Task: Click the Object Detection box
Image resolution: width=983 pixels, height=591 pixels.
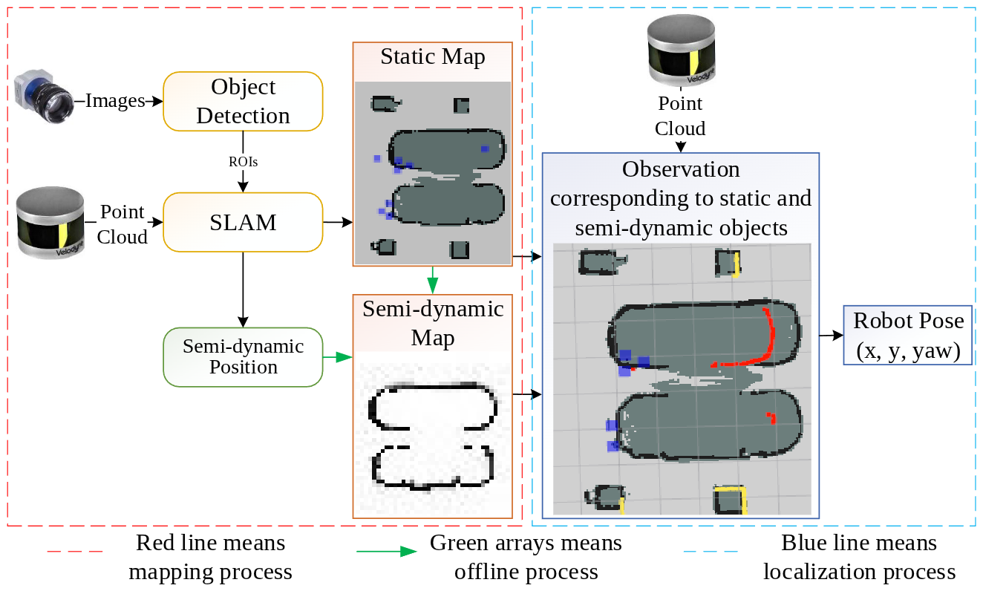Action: point(243,102)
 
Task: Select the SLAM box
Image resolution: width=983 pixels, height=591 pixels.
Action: point(243,222)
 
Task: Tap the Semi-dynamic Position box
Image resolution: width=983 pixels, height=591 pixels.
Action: point(243,357)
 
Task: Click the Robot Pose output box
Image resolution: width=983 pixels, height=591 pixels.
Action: point(907,335)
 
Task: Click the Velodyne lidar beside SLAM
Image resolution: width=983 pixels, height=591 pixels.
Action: point(50,222)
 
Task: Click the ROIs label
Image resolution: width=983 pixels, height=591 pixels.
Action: point(243,161)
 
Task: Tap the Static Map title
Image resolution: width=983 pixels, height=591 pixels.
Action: point(432,57)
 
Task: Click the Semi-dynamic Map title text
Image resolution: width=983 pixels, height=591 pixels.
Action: point(432,323)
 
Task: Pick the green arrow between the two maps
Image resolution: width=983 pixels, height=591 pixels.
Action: point(432,281)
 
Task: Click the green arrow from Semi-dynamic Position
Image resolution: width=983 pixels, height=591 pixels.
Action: point(337,357)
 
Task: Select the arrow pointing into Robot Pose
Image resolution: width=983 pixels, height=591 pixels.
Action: point(831,336)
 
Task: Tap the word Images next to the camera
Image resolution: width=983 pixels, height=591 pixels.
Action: point(115,101)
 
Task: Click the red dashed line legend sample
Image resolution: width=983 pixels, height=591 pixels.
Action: point(74,552)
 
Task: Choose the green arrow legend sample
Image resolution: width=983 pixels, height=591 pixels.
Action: point(386,552)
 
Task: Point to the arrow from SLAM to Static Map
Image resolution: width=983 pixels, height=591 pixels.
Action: point(338,221)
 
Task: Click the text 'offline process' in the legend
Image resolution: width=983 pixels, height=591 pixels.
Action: point(526,572)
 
